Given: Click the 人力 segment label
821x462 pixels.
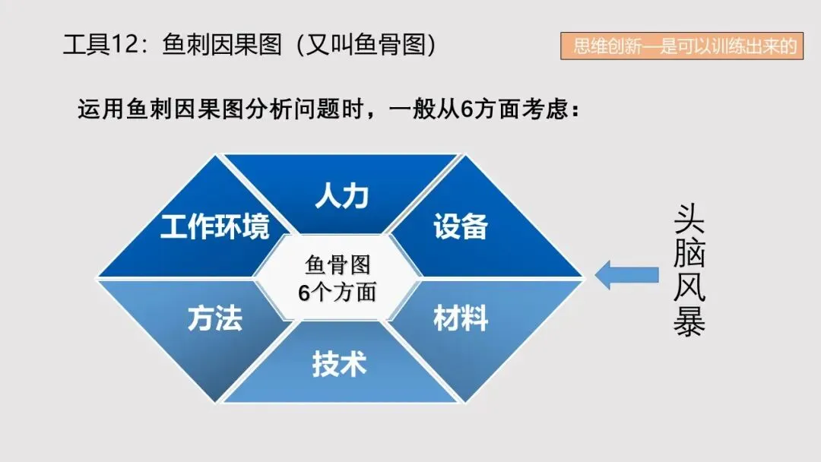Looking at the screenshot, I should (x=341, y=195).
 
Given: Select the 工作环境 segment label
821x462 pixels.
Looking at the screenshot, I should (x=214, y=226).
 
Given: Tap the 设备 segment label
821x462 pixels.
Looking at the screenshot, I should (x=461, y=226).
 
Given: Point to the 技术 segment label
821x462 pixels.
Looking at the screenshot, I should (x=339, y=365).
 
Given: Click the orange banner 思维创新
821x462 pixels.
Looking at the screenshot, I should (x=682, y=46).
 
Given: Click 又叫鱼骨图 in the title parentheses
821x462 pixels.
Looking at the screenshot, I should (x=364, y=46).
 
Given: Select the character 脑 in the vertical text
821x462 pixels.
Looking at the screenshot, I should (x=689, y=253).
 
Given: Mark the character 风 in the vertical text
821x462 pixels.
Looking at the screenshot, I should (x=689, y=286).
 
